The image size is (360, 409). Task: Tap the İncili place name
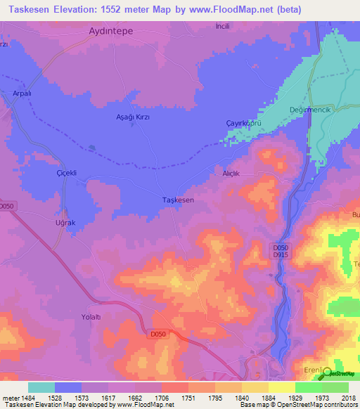[x=222, y=26]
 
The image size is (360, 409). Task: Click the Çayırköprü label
[x=244, y=122]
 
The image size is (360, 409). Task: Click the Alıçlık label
[x=232, y=173]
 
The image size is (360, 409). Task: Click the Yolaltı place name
[x=91, y=317]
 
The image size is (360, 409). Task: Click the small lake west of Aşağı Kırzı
[x=91, y=148]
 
